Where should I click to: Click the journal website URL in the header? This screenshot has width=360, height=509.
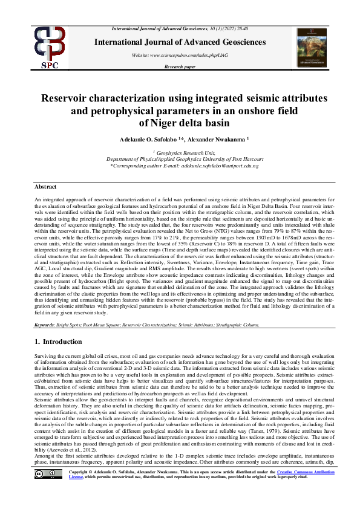180,54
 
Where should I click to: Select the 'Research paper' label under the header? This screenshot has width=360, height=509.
180,68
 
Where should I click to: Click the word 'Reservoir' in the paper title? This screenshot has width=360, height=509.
67,98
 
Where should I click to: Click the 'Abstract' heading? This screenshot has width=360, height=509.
45,187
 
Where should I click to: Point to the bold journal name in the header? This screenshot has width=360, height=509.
181,42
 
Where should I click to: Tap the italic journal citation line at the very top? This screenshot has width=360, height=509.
181,29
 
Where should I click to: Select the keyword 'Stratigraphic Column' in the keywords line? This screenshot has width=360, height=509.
238,325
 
